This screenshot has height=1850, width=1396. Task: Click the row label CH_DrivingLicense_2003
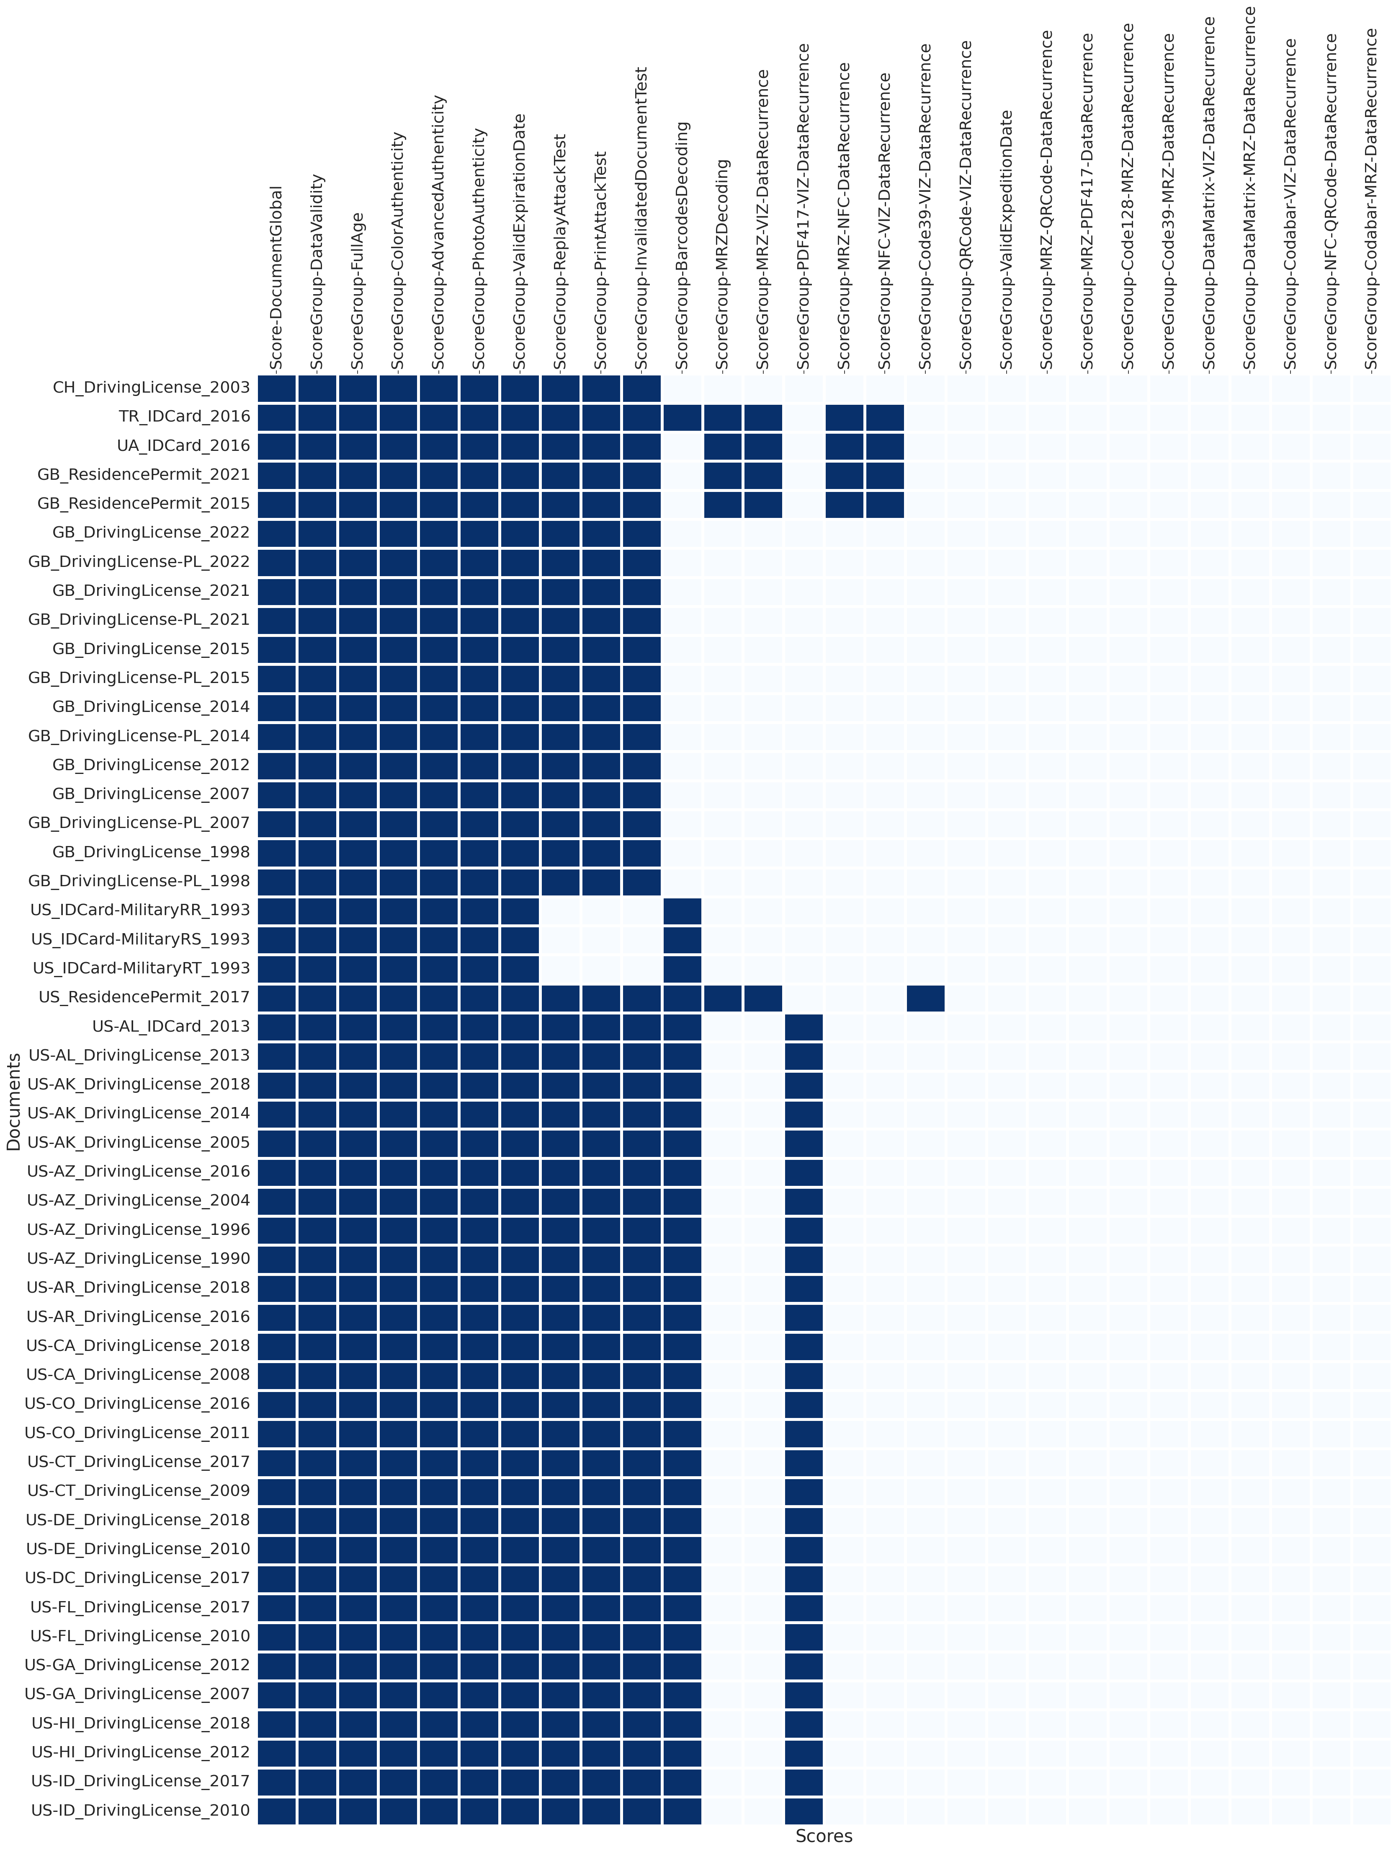pyautogui.click(x=150, y=387)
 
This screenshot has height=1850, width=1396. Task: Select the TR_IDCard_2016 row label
pyautogui.click(x=184, y=417)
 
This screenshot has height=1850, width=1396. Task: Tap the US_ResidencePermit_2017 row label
pyautogui.click(x=144, y=997)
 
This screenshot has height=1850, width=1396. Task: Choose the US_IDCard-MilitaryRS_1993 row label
pyautogui.click(x=140, y=939)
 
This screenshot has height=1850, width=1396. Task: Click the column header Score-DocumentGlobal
pyautogui.click(x=277, y=279)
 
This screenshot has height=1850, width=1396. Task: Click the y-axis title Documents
pyautogui.click(x=13, y=1102)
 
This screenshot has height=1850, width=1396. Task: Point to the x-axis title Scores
pyautogui.click(x=823, y=1837)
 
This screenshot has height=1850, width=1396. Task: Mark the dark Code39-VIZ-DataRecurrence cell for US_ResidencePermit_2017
pyautogui.click(x=925, y=998)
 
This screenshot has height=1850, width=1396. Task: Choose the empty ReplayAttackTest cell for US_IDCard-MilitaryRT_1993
pyautogui.click(x=560, y=968)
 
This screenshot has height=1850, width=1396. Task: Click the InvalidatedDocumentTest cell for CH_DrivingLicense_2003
pyautogui.click(x=641, y=388)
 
